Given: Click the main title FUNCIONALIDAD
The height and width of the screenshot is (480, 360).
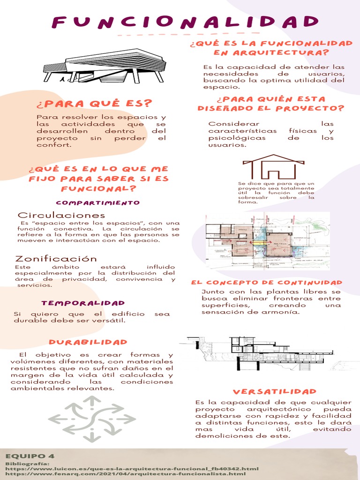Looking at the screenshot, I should tap(185, 22).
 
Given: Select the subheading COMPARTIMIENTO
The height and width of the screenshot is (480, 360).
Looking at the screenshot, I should tap(98, 202).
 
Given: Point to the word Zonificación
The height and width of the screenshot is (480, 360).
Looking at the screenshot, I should tap(56, 259).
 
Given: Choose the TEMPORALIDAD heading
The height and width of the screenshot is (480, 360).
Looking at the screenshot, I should tap(83, 303).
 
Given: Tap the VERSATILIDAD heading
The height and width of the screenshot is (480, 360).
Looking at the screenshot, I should tap(275, 391).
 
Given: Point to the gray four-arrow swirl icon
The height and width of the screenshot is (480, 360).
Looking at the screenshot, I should tap(92, 419).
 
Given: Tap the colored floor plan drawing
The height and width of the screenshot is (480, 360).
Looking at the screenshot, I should tap(267, 240).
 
